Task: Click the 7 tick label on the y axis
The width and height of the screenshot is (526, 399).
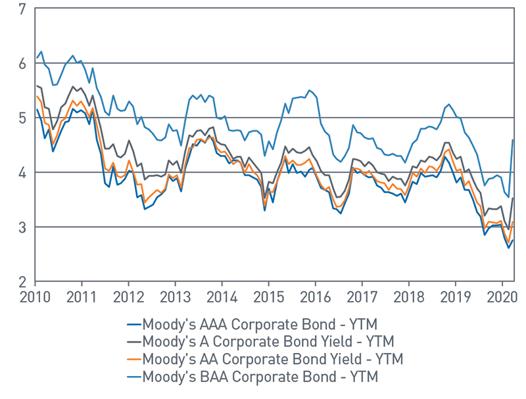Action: click(22, 9)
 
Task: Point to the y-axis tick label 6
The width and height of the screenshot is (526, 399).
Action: click(22, 64)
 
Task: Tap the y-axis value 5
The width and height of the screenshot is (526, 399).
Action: click(22, 118)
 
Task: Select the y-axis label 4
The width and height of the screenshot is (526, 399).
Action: click(22, 173)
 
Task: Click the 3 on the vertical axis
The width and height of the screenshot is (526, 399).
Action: click(22, 227)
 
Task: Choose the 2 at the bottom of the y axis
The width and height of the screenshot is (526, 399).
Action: click(22, 282)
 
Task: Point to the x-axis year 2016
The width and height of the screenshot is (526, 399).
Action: click(314, 296)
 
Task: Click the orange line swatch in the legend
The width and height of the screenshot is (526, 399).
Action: click(133, 360)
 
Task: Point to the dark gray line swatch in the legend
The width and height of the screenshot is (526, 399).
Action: click(133, 342)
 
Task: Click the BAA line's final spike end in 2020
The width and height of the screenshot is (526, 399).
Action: click(513, 139)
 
